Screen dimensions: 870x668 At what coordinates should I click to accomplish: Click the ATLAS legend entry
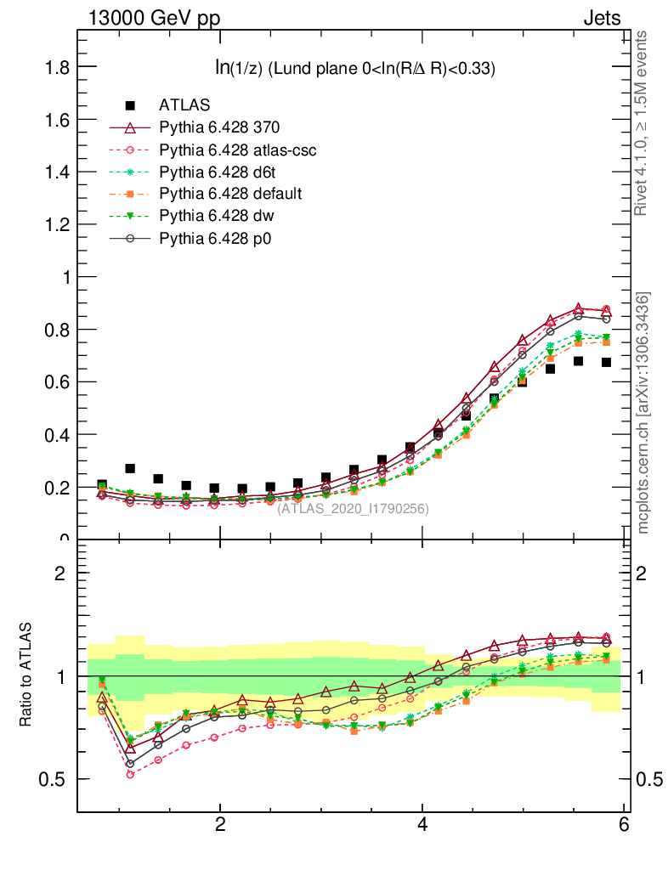click(184, 105)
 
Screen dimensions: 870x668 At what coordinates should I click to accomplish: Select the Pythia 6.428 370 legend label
click(219, 127)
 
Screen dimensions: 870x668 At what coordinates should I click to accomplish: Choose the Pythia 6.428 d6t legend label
click(218, 172)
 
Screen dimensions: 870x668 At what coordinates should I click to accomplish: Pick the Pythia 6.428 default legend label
click(230, 194)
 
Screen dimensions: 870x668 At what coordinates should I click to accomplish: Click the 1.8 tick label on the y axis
click(57, 67)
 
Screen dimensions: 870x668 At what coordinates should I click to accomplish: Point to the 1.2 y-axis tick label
click(57, 224)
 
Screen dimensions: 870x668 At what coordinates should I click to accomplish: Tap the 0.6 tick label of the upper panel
click(57, 382)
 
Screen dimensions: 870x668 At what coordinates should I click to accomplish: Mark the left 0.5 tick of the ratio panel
click(57, 780)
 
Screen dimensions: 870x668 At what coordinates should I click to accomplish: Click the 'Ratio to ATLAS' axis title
click(27, 676)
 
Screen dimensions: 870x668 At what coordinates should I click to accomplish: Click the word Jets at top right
click(602, 19)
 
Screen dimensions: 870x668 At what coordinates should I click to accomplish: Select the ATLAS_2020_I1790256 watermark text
click(353, 509)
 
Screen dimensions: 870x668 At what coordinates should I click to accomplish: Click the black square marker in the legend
click(130, 105)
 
